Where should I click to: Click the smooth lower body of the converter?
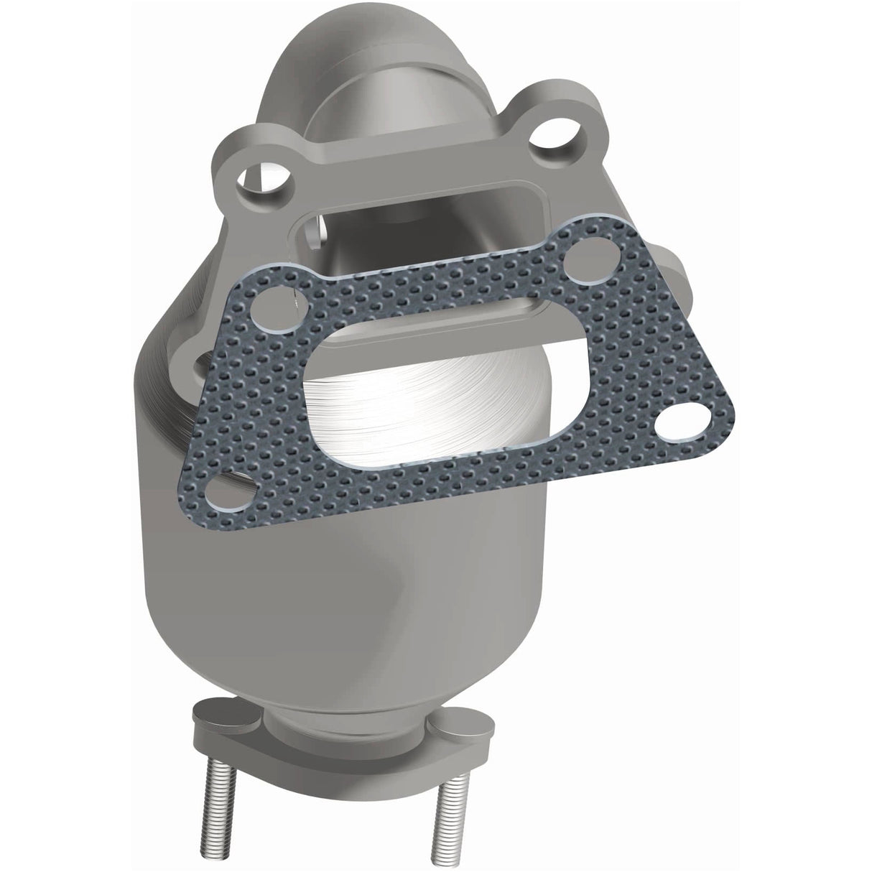338,589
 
